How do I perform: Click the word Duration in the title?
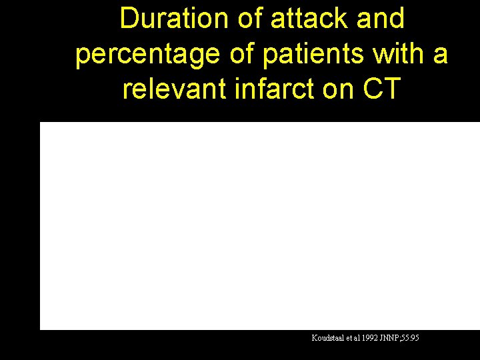tap(175, 19)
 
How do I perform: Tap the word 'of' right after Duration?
tap(251, 19)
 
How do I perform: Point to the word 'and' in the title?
tap(381, 19)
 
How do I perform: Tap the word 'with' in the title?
tap(396, 53)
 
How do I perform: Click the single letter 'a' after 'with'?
tap(440, 55)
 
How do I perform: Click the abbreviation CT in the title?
tap(380, 89)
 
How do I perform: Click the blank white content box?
tap(260, 225)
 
